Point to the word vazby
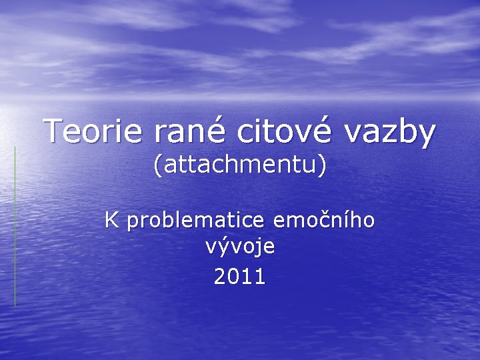click(x=391, y=131)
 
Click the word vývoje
click(x=240, y=248)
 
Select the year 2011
click(x=240, y=275)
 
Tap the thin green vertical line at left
click(x=15, y=227)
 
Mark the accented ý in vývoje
click(x=225, y=248)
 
